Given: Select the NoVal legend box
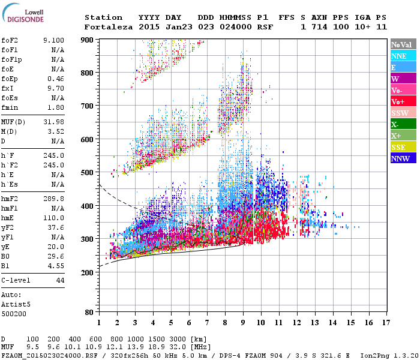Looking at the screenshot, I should (x=402, y=44).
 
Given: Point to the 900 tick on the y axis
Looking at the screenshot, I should (x=88, y=40).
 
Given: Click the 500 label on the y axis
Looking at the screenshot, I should (x=88, y=173).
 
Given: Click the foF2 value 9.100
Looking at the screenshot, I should (x=53, y=40).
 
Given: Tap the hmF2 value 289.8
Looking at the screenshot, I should (x=53, y=199).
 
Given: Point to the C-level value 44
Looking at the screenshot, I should (x=60, y=280).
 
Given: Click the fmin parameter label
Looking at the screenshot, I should (x=10, y=107).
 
